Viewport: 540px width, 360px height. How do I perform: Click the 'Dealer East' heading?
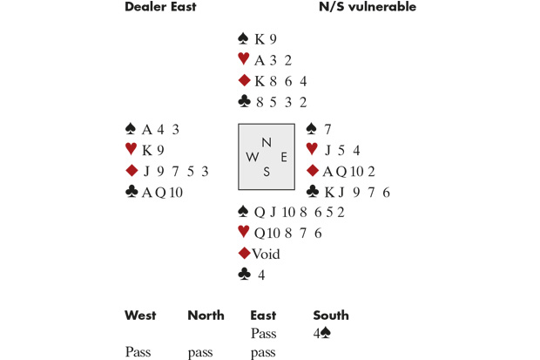(x=160, y=7)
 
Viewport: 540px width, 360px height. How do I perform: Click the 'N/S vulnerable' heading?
(x=368, y=7)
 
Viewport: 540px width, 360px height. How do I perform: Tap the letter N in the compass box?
(x=267, y=142)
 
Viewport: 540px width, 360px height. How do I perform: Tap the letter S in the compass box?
(x=267, y=172)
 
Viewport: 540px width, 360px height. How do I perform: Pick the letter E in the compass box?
(x=283, y=157)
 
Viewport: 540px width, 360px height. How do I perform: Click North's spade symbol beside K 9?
(x=244, y=39)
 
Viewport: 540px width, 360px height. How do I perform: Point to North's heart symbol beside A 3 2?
(x=244, y=60)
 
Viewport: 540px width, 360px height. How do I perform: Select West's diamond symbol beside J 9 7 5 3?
(x=132, y=171)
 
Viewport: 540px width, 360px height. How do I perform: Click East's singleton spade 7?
(x=327, y=129)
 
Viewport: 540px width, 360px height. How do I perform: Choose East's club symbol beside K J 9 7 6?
(x=313, y=192)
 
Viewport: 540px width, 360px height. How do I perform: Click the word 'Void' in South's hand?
(x=267, y=254)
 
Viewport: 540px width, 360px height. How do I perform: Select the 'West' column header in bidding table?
(x=141, y=316)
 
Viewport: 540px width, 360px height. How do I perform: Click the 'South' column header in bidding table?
(x=331, y=316)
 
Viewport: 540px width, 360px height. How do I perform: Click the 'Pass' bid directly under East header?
(x=263, y=333)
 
